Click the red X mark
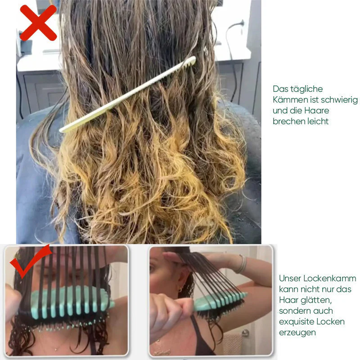(x=38, y=22)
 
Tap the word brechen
(x=288, y=121)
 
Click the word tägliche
(x=306, y=89)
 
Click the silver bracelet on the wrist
(x=242, y=264)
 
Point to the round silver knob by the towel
(x=245, y=333)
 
